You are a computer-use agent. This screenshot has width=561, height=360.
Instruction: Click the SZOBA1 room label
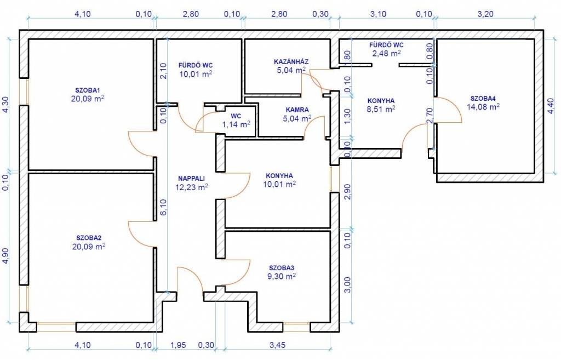pyautogui.click(x=87, y=90)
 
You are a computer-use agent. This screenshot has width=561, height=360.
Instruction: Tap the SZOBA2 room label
pyautogui.click(x=88, y=238)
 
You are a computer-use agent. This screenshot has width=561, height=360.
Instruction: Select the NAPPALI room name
pyautogui.click(x=191, y=178)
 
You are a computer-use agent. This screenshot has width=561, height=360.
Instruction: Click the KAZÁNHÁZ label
pyautogui.click(x=291, y=61)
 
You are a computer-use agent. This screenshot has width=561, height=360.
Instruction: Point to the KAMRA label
pyautogui.click(x=297, y=110)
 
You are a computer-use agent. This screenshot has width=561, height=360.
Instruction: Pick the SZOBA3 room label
pyautogui.click(x=282, y=268)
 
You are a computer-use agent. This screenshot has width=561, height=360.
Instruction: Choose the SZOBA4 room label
pyautogui.click(x=483, y=99)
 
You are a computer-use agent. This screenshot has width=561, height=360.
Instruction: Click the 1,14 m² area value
pyautogui.click(x=236, y=124)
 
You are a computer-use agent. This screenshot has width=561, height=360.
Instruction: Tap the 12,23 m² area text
pyautogui.click(x=192, y=187)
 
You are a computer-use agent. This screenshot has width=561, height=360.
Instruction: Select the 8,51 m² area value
pyautogui.click(x=381, y=110)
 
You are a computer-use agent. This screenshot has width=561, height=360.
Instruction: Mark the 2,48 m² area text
pyautogui.click(x=386, y=53)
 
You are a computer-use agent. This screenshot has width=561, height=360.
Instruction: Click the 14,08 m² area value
pyautogui.click(x=483, y=106)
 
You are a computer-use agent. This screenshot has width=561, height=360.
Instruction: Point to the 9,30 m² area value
pyautogui.click(x=282, y=276)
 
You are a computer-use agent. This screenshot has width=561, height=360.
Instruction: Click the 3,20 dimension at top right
pyautogui.click(x=485, y=14)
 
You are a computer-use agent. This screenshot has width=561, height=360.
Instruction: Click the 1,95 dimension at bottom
pyautogui.click(x=178, y=345)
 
